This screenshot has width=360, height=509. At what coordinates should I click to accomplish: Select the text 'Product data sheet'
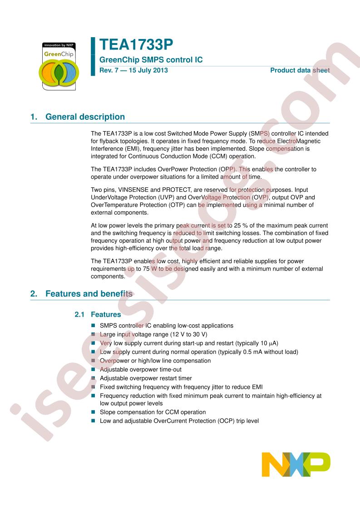click(x=300, y=70)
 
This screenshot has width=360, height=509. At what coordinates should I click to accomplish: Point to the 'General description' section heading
click(x=85, y=117)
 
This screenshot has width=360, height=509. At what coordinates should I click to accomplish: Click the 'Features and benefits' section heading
click(x=89, y=294)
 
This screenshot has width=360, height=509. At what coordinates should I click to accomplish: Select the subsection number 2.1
click(x=79, y=314)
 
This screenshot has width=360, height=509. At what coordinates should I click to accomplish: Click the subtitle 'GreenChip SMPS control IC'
click(x=151, y=60)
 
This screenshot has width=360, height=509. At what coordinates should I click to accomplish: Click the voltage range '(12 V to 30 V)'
click(x=186, y=334)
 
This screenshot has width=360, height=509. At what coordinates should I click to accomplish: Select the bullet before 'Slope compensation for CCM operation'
click(x=94, y=412)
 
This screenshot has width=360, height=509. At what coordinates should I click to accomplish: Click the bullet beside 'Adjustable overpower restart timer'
click(x=94, y=378)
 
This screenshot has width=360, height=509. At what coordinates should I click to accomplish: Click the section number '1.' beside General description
click(x=34, y=117)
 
